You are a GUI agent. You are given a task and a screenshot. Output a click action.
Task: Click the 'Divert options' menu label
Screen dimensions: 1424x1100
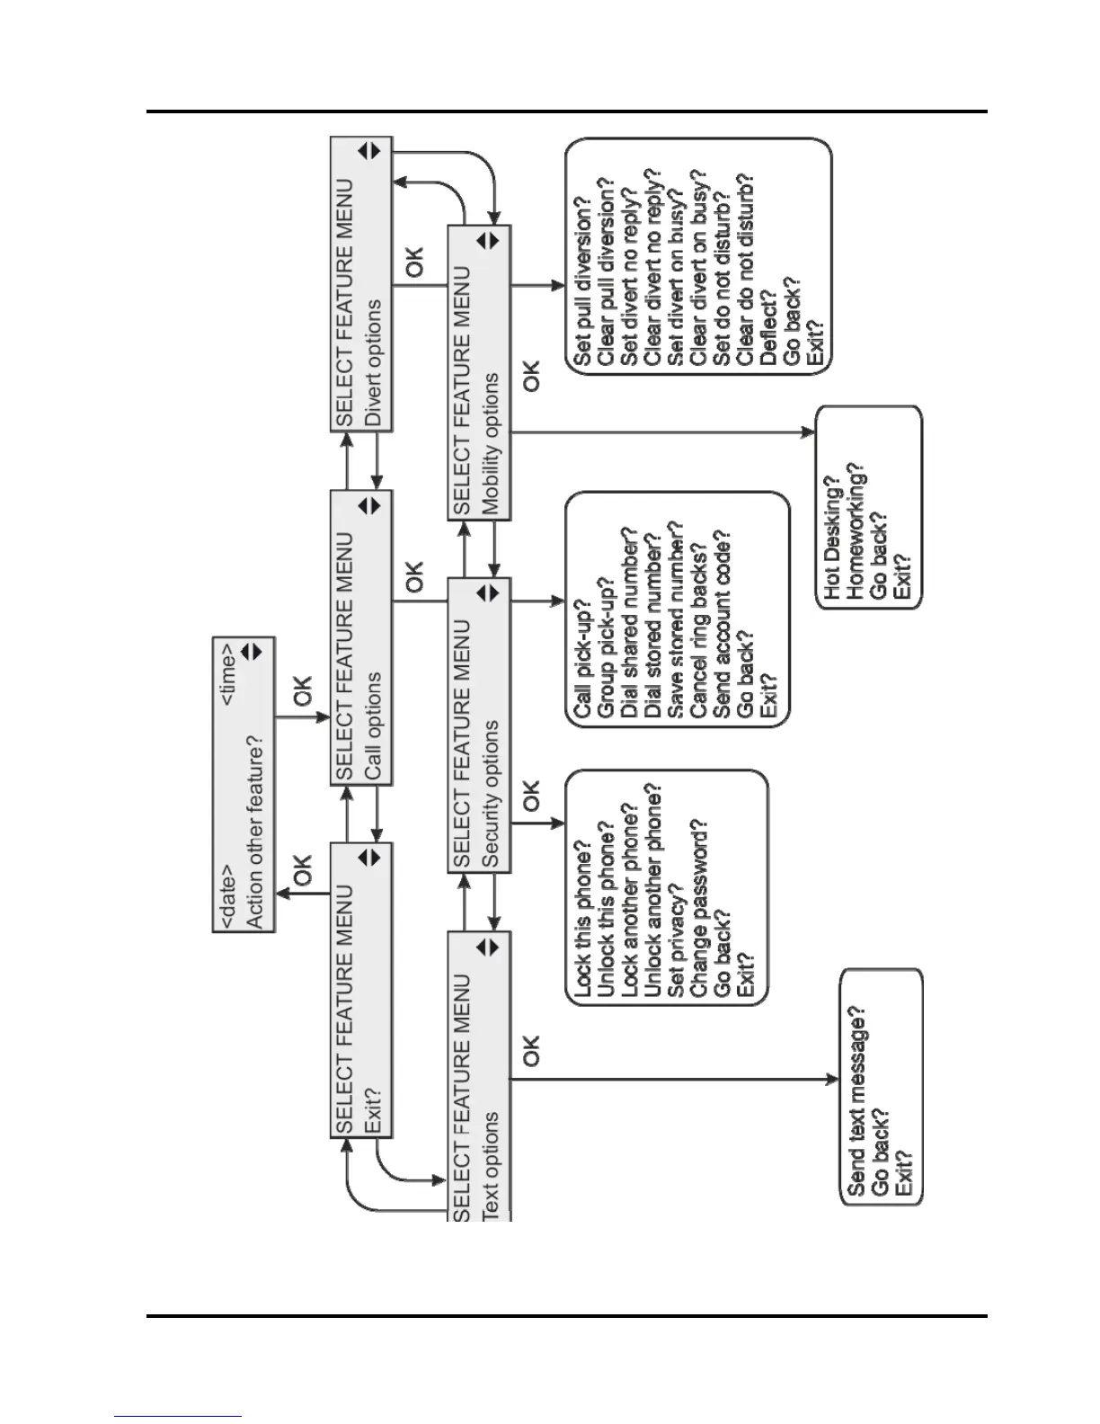click(x=373, y=362)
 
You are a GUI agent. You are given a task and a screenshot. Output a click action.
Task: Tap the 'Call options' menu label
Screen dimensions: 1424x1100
click(x=373, y=725)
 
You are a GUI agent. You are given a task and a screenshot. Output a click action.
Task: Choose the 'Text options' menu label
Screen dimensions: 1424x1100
click(x=491, y=1166)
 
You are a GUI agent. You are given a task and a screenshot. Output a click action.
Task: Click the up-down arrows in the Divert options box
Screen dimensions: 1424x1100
click(x=370, y=151)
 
